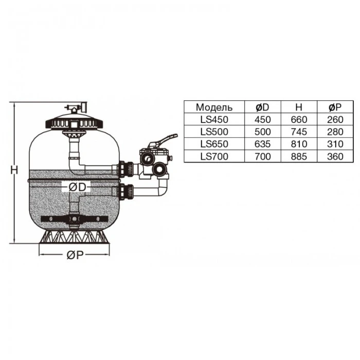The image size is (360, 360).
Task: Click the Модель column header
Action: point(214,107)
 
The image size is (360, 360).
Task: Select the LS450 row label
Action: point(214,119)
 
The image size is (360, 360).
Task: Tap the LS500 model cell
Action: point(214,132)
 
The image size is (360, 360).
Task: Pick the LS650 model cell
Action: point(214,144)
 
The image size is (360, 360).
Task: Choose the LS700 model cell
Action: point(214,156)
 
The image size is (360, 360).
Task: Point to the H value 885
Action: point(298,156)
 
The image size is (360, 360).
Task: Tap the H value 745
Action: point(298,132)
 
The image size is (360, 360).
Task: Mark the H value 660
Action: point(298,119)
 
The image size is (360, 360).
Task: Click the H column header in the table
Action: point(298,107)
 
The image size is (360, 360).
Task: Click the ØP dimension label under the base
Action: point(76,256)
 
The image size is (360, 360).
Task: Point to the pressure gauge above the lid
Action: point(75,106)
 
